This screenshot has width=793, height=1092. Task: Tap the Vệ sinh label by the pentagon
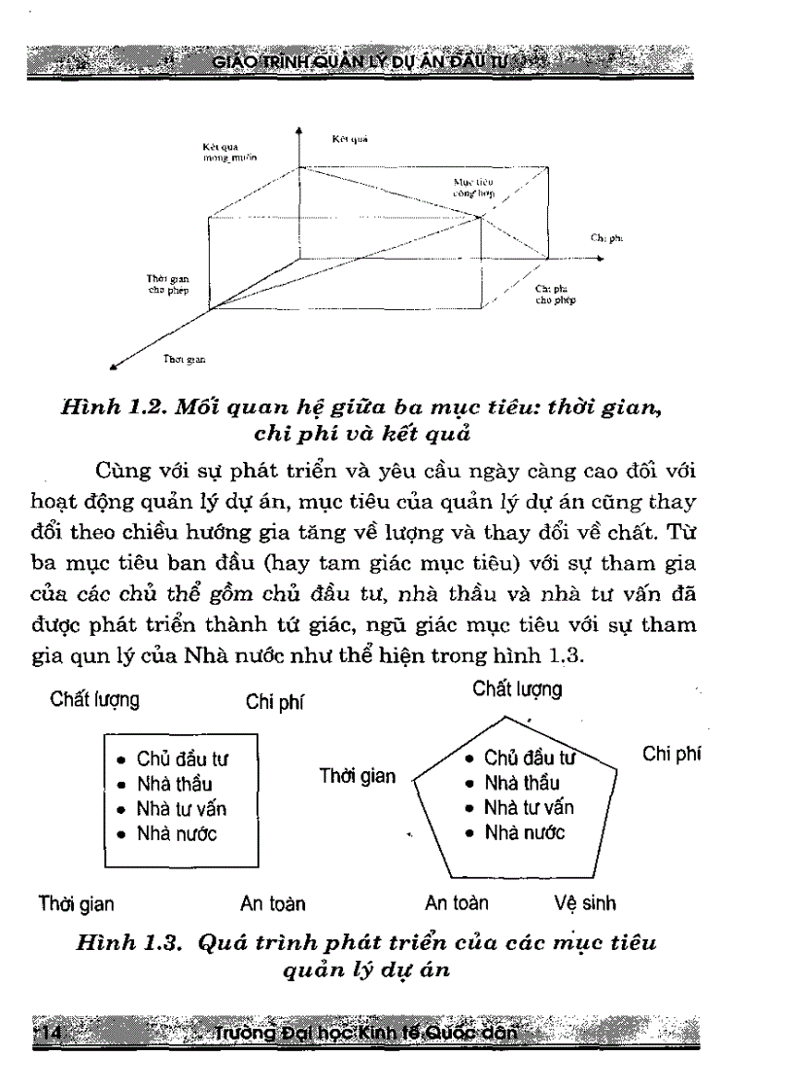[x=585, y=903]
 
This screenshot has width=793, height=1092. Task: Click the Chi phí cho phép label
[x=555, y=296]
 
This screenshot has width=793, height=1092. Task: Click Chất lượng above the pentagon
[x=517, y=689]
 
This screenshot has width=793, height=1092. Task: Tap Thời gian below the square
[x=76, y=904]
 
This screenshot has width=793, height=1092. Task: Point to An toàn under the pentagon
[x=457, y=903]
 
